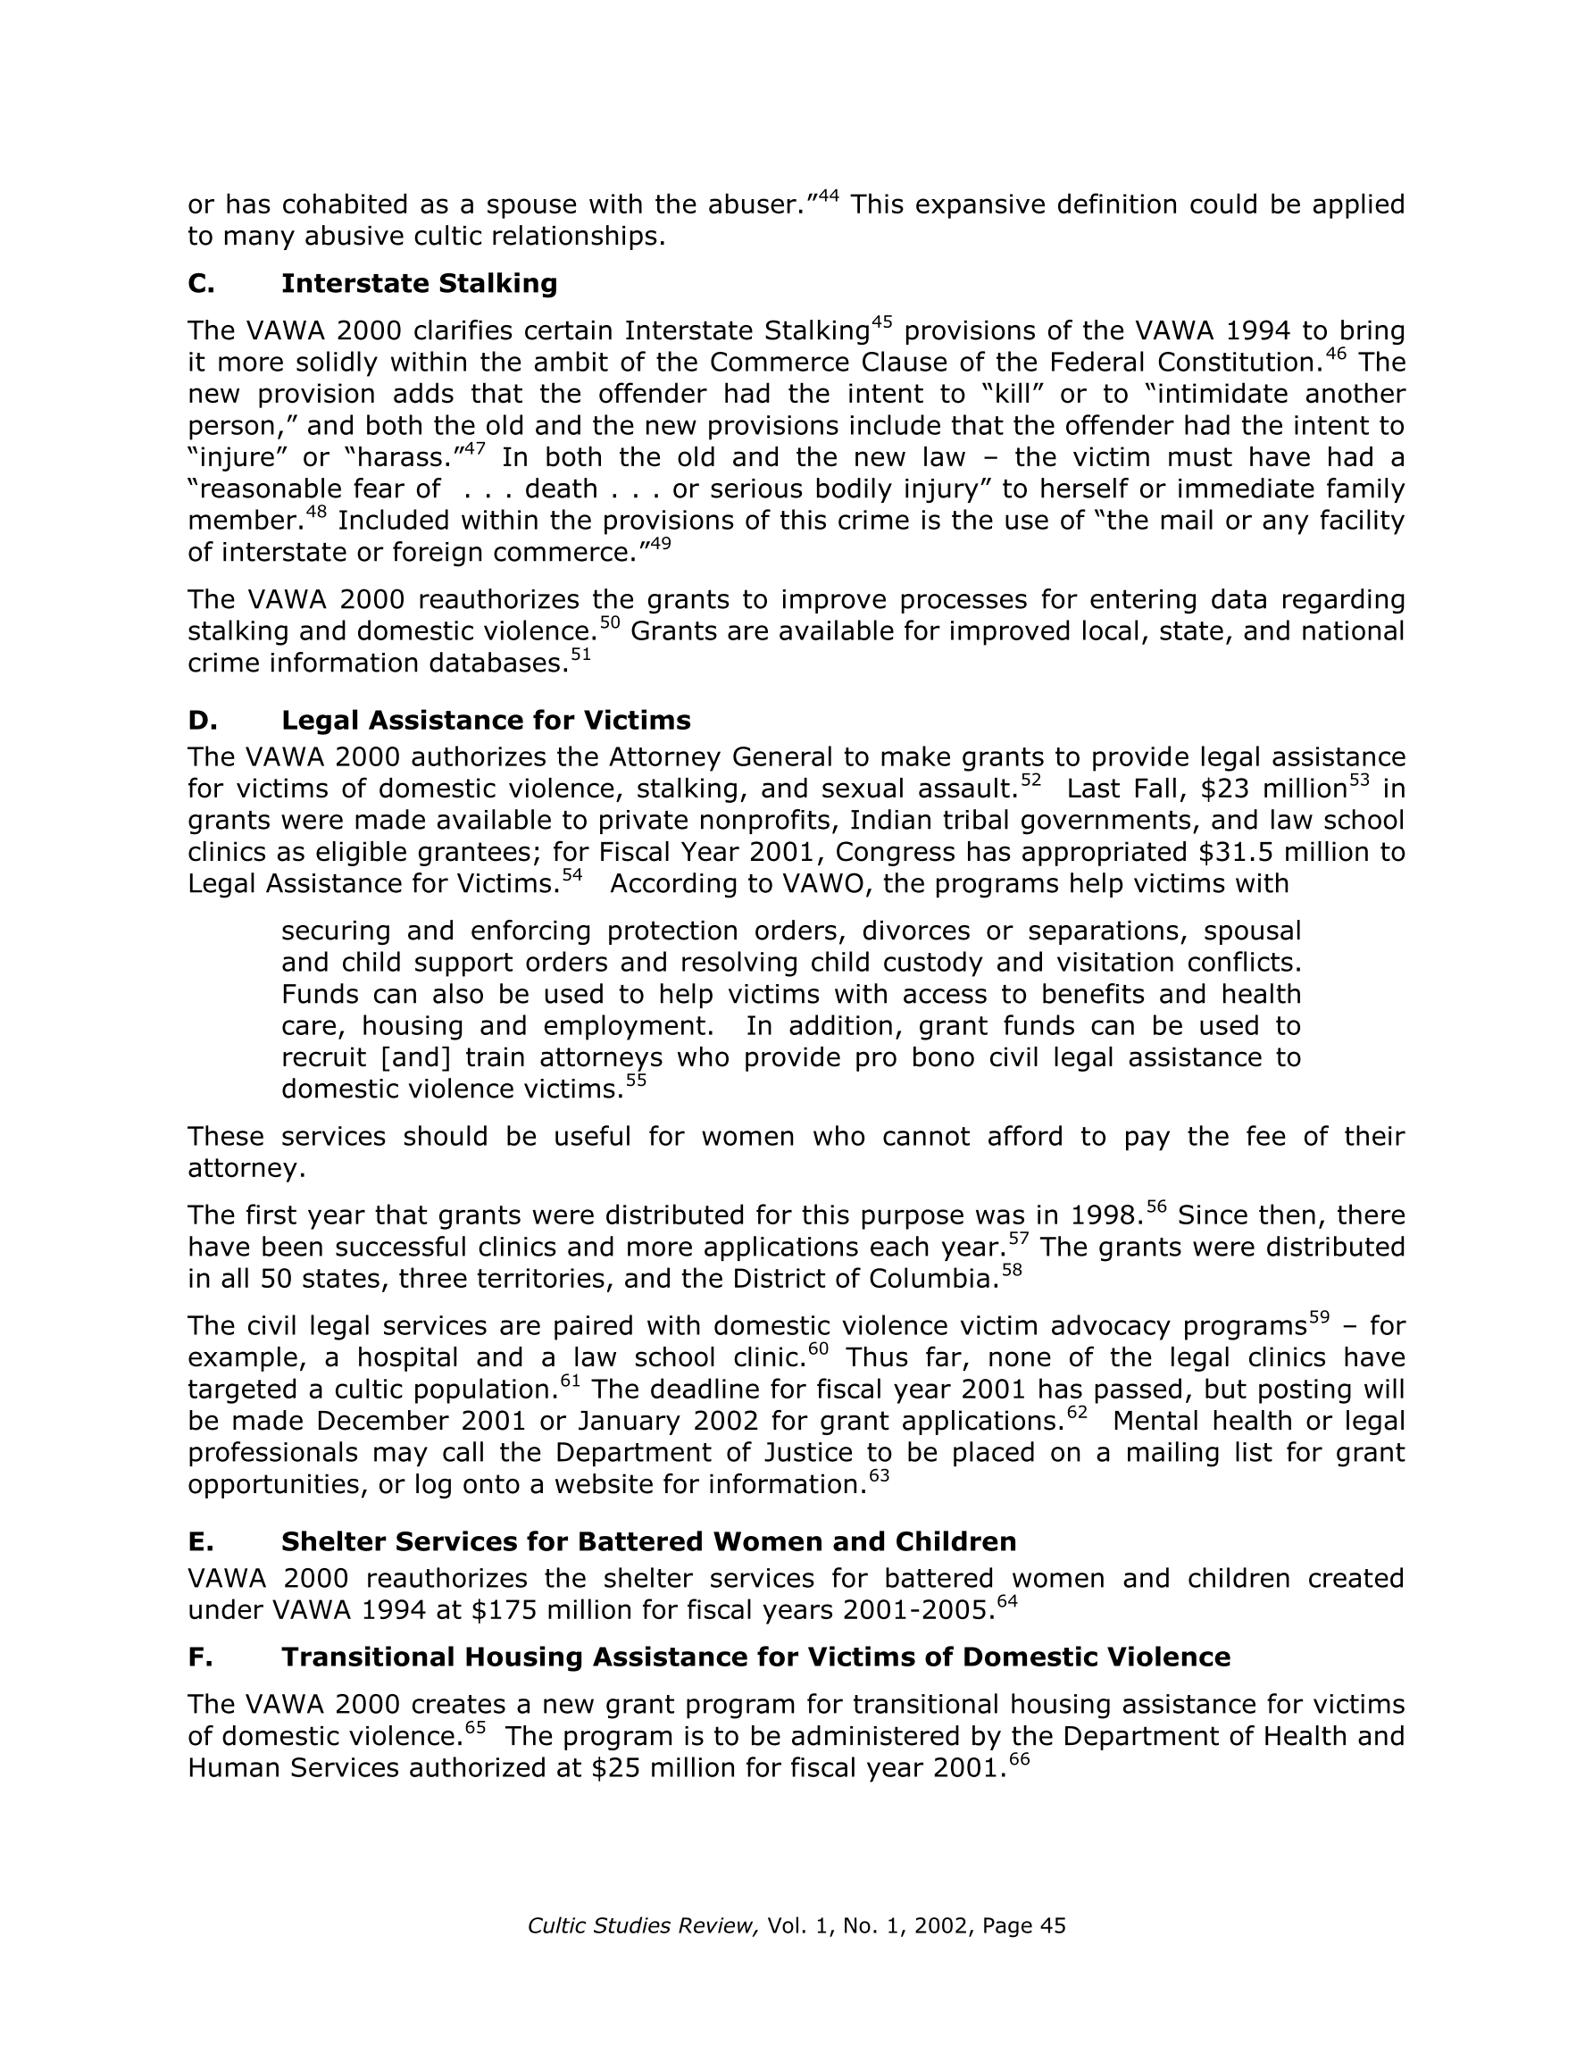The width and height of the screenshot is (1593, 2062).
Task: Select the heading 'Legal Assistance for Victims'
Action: [486, 721]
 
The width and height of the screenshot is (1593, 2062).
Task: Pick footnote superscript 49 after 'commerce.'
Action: [660, 544]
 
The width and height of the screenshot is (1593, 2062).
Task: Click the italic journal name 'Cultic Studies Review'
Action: [643, 1926]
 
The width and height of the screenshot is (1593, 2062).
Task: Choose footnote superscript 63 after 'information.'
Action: [880, 1475]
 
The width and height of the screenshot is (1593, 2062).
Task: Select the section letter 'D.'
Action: [202, 721]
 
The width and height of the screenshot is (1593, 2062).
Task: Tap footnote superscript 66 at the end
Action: [1019, 1759]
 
